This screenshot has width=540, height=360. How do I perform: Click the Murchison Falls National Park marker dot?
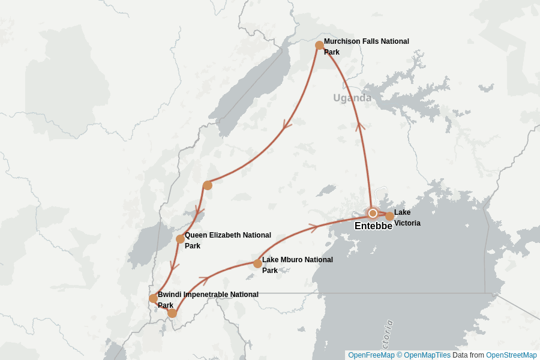click(x=320, y=46)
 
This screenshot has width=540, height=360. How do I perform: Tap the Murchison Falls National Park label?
click(x=366, y=47)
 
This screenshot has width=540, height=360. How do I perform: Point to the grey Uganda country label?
click(x=352, y=98)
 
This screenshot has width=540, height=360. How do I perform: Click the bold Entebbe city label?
click(x=373, y=226)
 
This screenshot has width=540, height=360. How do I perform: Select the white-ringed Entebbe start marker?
click(x=373, y=213)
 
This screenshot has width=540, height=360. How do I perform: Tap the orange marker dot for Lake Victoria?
click(x=389, y=216)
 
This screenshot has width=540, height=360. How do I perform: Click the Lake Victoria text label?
click(x=407, y=218)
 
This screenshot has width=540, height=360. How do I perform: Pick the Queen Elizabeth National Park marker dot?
click(x=180, y=239)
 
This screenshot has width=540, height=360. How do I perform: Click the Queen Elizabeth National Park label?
click(x=227, y=240)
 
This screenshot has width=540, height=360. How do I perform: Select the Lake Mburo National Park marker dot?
click(x=257, y=263)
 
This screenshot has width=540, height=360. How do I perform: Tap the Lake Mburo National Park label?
click(x=297, y=265)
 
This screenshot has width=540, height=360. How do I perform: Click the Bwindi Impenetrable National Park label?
click(x=208, y=299)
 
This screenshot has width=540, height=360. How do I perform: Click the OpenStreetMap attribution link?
click(x=511, y=355)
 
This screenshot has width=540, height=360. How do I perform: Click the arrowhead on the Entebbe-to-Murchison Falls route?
click(x=360, y=126)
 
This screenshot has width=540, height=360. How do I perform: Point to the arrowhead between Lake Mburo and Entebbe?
click(x=312, y=227)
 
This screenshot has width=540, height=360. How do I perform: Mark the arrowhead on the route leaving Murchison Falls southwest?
click(x=287, y=126)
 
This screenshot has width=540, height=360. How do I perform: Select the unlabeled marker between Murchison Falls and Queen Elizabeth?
click(x=208, y=185)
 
